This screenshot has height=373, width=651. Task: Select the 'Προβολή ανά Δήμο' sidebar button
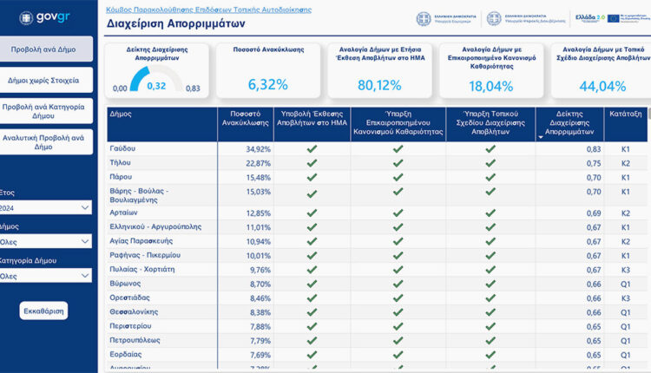click(x=47, y=50)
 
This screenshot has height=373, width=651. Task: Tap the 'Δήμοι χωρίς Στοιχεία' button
click(x=47, y=80)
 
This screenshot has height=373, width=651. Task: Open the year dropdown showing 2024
click(x=47, y=207)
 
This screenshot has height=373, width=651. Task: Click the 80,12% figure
click(x=378, y=85)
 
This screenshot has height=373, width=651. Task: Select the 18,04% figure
click(x=491, y=86)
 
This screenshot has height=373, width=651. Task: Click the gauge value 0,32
click(x=156, y=85)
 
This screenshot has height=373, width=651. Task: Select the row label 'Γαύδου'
click(x=122, y=149)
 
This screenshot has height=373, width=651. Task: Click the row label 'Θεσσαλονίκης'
click(x=135, y=312)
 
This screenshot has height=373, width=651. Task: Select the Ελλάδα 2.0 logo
click(x=587, y=17)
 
